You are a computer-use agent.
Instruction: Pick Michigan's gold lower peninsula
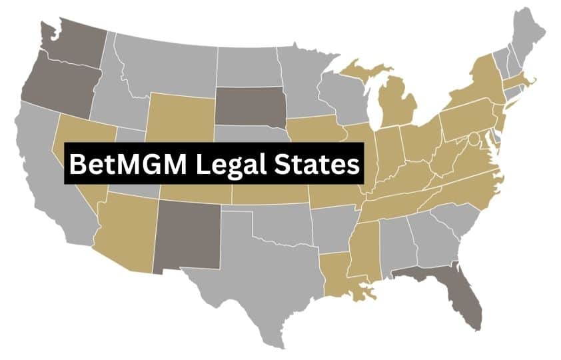coord(398,103)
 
